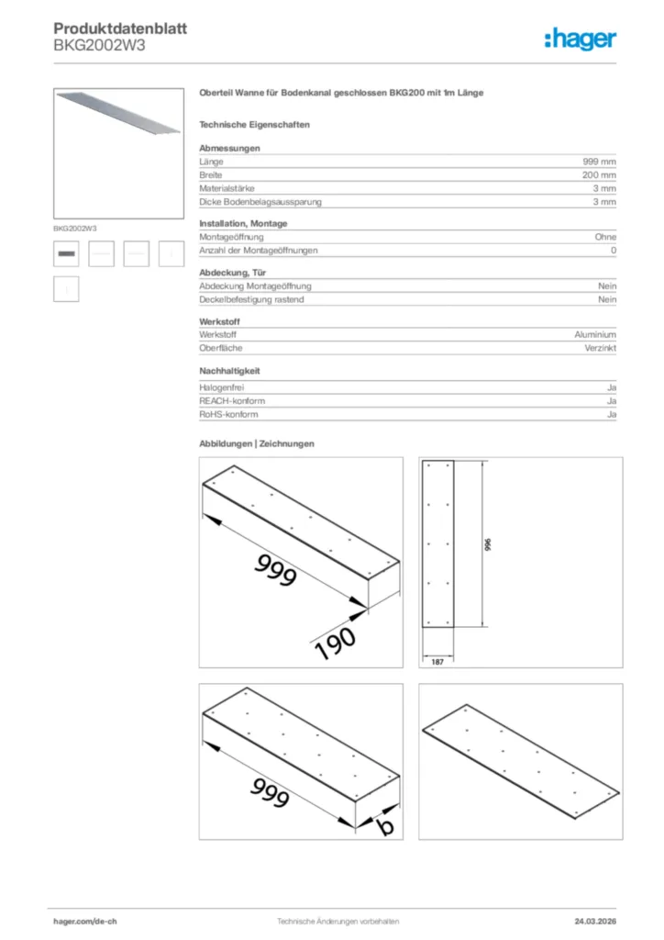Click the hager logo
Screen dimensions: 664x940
pos(581,39)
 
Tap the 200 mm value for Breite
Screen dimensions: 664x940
pos(599,174)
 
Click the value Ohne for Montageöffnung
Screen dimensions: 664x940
pos(605,237)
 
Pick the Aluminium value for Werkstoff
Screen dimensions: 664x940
pos(595,335)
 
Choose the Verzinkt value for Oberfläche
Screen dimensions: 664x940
pos(599,348)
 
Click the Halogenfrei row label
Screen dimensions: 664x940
pos(221,387)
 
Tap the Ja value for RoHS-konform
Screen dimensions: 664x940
pos(611,414)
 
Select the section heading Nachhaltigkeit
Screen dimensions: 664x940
pos(230,371)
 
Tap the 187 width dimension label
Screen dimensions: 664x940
pos(437,661)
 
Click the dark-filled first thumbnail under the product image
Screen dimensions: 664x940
pos(66,252)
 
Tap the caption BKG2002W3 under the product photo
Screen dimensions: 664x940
pos(75,227)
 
